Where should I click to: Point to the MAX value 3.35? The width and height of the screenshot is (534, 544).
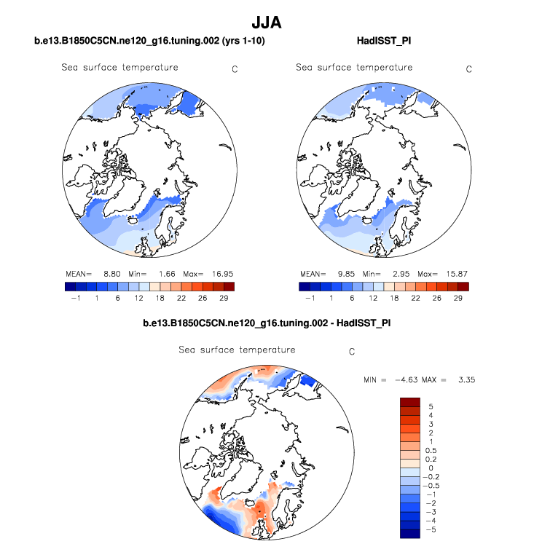tap(464, 380)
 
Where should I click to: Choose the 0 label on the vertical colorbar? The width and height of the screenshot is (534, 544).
tap(430, 468)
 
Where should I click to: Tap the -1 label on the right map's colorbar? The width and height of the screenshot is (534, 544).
tap(309, 298)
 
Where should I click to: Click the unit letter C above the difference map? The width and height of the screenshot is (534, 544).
tap(351, 352)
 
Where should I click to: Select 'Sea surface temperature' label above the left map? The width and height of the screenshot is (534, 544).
tap(119, 68)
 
